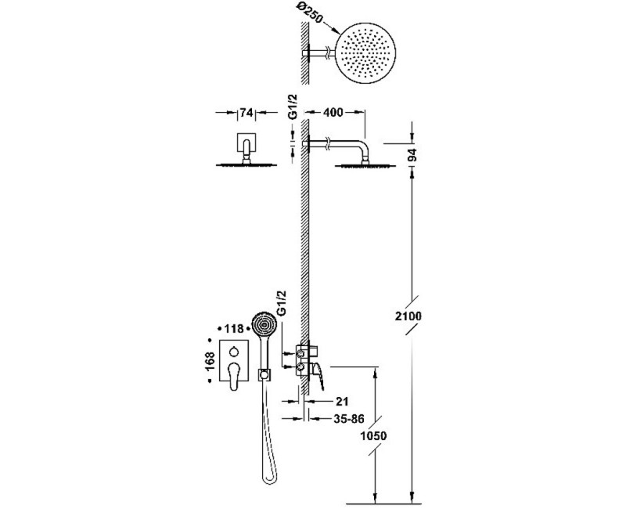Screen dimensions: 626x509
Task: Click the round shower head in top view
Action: point(365,53)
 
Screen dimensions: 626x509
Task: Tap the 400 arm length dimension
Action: point(333,113)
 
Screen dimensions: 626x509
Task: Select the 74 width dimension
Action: point(246,113)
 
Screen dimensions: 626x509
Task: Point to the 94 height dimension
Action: point(412,154)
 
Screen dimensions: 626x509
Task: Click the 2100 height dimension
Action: point(408,316)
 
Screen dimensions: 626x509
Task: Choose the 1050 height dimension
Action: point(373,435)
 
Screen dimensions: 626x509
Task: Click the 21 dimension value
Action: point(342,401)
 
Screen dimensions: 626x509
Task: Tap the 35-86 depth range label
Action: point(349,419)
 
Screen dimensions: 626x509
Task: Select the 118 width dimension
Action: point(233,328)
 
